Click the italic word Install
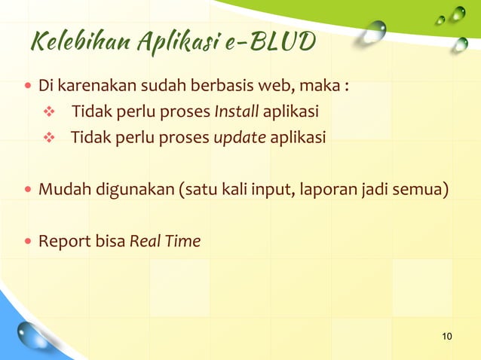[x=237, y=113]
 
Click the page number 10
[x=447, y=335]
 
